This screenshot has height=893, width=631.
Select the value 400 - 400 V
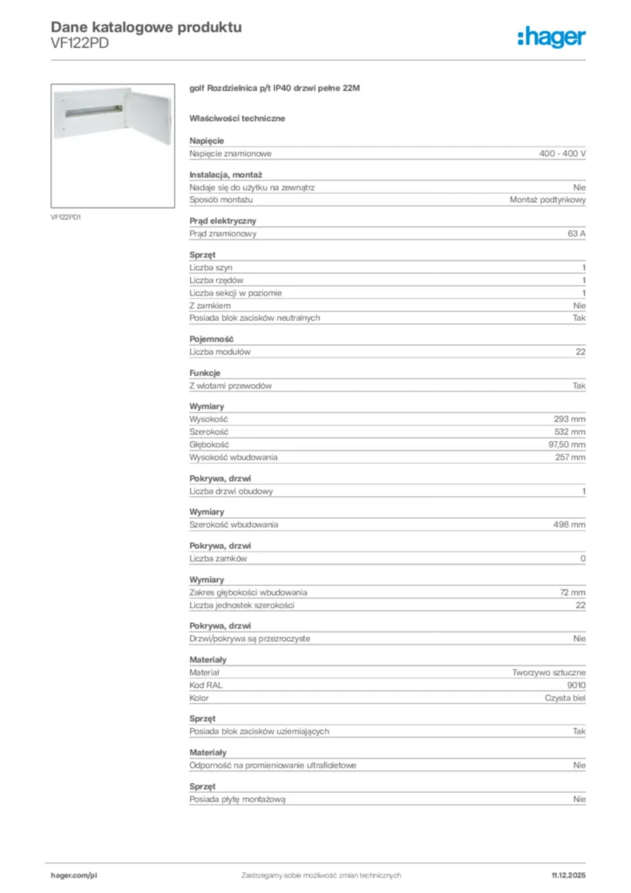click(x=562, y=153)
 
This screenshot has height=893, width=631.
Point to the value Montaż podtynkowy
click(x=547, y=200)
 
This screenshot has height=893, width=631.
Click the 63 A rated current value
click(x=576, y=234)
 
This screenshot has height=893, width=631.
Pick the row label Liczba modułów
click(x=221, y=351)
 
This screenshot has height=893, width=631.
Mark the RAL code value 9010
click(x=576, y=685)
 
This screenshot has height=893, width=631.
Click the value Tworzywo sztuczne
click(x=549, y=673)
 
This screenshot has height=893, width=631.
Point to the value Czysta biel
click(x=565, y=698)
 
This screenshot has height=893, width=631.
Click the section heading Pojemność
click(x=212, y=339)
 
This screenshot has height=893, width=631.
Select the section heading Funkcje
click(x=206, y=373)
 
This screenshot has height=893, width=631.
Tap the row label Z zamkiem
click(x=210, y=305)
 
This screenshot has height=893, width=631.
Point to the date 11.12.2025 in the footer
click(x=568, y=875)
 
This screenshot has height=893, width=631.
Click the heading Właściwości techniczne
click(x=237, y=118)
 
